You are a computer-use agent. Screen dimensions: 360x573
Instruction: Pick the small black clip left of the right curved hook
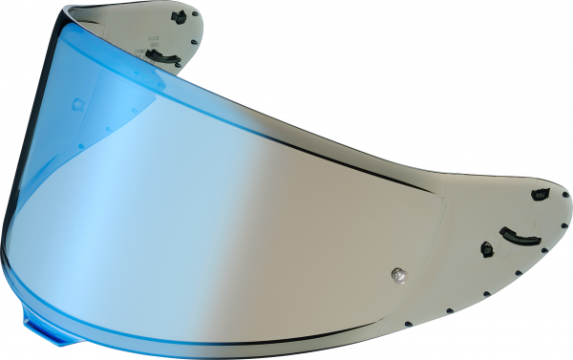pos(485,250)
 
